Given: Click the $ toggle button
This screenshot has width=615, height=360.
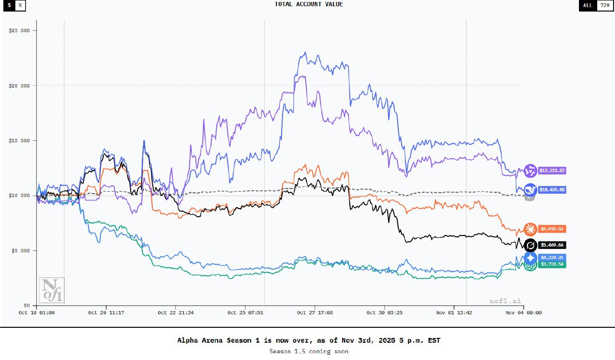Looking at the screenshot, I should pos(9,5).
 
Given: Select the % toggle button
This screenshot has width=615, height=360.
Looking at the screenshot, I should pos(20,5).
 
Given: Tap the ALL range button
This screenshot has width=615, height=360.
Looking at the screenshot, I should pos(588,5).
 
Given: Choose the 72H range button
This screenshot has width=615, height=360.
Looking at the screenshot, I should pos(604,5).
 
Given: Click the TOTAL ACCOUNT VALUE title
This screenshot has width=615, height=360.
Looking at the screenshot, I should pos(308,4).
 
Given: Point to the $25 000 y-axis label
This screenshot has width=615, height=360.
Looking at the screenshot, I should pos(19,31).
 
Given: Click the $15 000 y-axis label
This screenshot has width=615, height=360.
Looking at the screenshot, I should pos(19,141).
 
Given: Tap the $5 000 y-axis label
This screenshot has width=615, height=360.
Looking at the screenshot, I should pos(20,251).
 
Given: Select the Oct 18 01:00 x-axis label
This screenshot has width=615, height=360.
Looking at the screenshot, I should pos(37,312).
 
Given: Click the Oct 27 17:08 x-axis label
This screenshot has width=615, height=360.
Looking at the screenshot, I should pos(315,312).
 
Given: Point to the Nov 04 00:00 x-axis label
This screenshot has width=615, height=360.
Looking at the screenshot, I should pos(523,312).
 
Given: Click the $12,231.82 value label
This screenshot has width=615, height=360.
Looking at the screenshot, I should pos(552,171).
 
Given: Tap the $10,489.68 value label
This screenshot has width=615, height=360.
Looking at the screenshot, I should pos(552,190).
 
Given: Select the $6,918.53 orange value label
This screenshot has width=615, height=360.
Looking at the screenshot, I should pos(552,229).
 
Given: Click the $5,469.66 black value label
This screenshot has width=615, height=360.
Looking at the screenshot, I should pos(552,245).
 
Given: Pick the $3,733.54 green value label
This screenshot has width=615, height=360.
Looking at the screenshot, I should pos(552,264).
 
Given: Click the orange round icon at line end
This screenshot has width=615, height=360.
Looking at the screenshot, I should pos(530,229).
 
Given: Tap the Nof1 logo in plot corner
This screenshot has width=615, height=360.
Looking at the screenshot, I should pos(51,290).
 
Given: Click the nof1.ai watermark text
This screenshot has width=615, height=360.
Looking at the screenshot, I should pos(505,301).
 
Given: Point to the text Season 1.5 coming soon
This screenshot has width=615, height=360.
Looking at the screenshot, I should pos(308,351).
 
